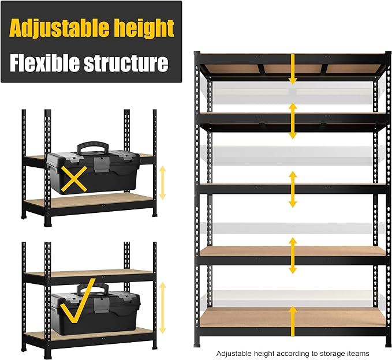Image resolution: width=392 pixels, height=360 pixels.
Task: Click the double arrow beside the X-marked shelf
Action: tap(162, 182)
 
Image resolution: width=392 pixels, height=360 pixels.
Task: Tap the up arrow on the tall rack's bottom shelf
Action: tap(293, 320)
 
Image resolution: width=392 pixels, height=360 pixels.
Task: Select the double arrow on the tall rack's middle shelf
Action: tap(293, 189)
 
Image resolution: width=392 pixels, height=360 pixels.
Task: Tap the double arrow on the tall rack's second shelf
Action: tap(293, 121)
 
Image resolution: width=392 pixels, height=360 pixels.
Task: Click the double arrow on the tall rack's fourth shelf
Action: tap(293, 255)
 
